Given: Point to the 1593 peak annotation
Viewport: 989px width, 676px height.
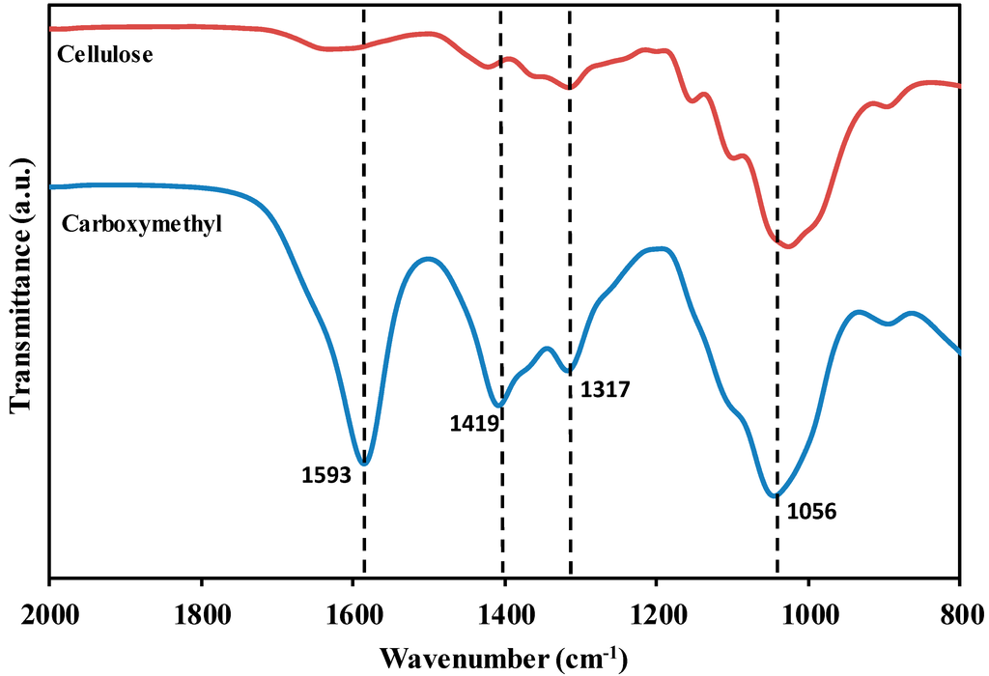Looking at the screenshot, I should (x=325, y=475).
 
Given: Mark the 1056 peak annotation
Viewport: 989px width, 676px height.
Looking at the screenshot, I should (x=811, y=511).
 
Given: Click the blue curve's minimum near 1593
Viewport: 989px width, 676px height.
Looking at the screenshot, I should (x=364, y=464).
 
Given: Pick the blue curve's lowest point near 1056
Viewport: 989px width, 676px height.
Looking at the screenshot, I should (x=773, y=496).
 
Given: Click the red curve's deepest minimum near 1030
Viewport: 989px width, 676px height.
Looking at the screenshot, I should (x=789, y=246).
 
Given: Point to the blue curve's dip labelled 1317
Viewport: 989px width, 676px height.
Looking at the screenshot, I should (x=570, y=369).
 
